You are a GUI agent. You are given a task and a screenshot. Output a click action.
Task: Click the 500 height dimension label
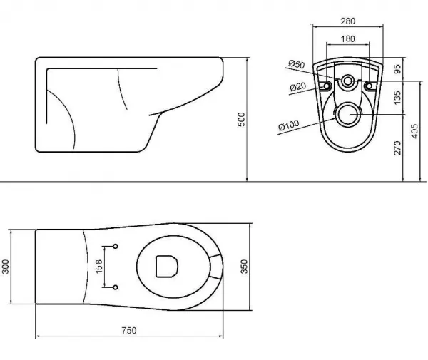pos(242,119)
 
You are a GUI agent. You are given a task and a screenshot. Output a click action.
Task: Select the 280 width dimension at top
pos(348,21)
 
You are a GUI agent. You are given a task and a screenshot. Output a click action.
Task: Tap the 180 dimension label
pos(348,38)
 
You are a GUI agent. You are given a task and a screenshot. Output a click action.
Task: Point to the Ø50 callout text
pos(297,64)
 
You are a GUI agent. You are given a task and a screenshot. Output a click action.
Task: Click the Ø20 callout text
pos(297,87)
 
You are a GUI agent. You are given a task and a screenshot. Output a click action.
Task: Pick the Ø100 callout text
pos(289,125)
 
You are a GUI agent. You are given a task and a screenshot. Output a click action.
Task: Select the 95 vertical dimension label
pos(397,68)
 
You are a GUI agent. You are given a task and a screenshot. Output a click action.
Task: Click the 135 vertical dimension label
pos(397,98)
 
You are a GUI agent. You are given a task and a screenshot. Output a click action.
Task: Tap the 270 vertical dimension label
pos(397,148)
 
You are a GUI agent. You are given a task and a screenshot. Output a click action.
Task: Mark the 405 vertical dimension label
pos(414,131)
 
